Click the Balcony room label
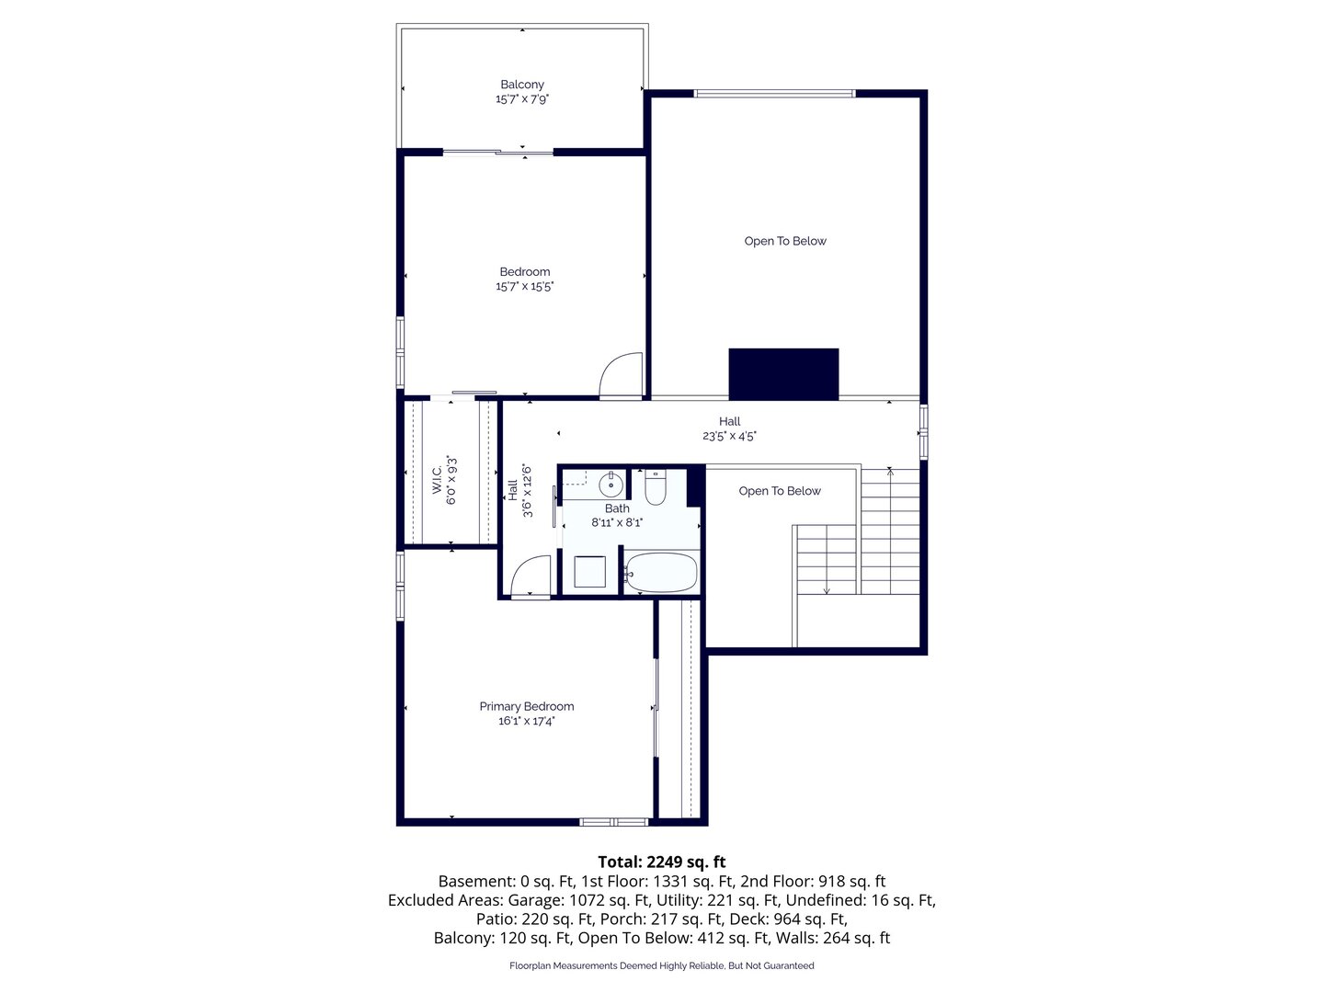[521, 85]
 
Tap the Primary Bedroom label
[526, 706]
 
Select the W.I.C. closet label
[437, 479]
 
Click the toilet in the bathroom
[655, 487]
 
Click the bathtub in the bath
[660, 572]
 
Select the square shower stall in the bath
[589, 572]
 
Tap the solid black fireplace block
[783, 374]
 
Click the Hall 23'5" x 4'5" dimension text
[728, 435]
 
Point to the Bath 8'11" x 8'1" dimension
[616, 522]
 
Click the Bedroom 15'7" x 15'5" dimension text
[524, 286]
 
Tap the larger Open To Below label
[785, 241]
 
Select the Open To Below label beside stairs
[780, 491]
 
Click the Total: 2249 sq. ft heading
[662, 861]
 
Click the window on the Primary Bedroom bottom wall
[613, 822]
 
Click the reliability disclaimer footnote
[662, 965]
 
